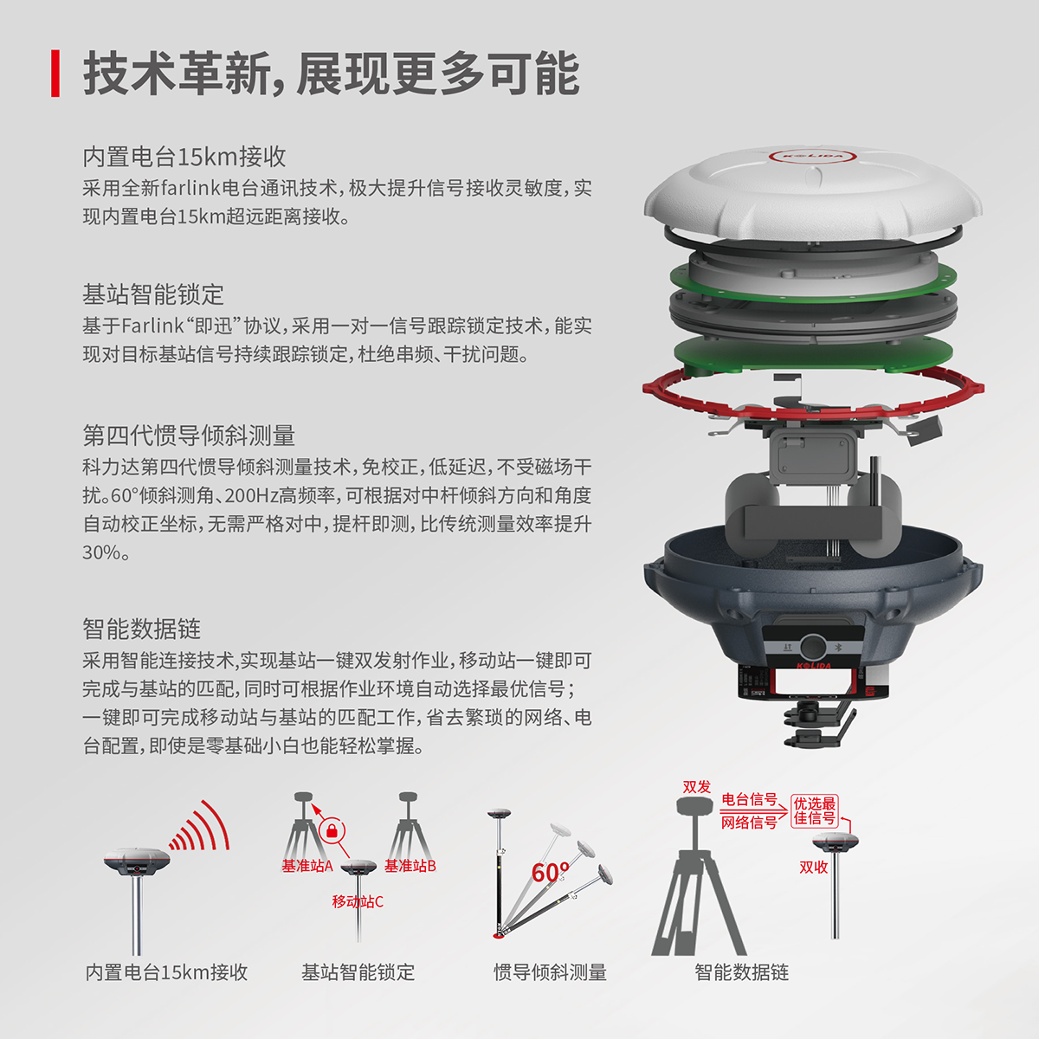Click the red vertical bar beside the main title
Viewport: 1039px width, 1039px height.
[55, 74]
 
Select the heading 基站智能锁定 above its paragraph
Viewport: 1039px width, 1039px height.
[153, 294]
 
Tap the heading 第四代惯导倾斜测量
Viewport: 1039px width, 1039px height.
[189, 436]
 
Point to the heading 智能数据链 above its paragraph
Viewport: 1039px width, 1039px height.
[141, 629]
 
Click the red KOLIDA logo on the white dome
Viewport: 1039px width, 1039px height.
[812, 157]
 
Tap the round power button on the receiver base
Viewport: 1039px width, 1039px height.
[812, 647]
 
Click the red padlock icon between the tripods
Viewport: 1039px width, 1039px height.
[332, 831]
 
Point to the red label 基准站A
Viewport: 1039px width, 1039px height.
[307, 866]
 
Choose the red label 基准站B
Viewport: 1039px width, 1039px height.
[410, 866]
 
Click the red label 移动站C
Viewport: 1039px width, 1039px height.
[358, 901]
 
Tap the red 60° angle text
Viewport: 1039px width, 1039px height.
[550, 873]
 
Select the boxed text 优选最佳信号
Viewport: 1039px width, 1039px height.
[814, 811]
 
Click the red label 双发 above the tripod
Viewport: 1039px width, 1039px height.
[697, 787]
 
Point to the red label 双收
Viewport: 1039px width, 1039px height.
[813, 867]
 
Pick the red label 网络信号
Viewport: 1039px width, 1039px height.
[749, 823]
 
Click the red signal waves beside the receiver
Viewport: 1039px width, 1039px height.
[199, 826]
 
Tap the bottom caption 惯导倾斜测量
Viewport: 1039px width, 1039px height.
[550, 972]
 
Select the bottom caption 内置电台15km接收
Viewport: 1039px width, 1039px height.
[166, 972]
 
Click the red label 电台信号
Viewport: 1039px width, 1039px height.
[749, 800]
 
